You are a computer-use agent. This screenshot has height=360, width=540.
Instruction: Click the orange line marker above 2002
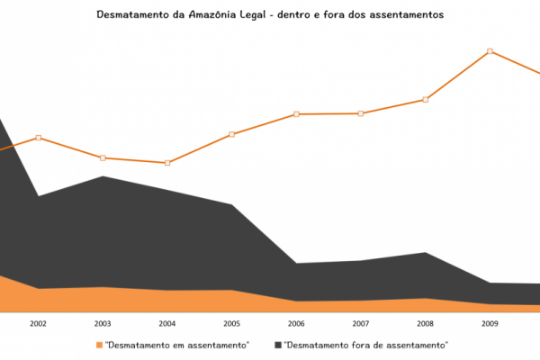click(38, 138)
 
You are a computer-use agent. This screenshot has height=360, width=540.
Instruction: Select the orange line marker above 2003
click(103, 158)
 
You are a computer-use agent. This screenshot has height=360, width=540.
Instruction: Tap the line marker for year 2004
click(166, 163)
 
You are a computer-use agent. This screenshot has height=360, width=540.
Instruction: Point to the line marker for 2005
click(231, 134)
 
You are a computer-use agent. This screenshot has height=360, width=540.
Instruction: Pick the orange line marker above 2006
click(296, 114)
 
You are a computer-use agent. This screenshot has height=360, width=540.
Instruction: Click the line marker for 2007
click(360, 113)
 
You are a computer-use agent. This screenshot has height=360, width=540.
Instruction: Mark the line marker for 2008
click(425, 99)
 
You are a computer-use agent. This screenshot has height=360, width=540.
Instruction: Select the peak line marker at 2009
click(490, 51)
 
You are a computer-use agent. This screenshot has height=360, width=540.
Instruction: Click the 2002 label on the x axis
click(38, 323)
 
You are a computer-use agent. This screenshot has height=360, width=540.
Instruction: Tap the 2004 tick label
click(166, 323)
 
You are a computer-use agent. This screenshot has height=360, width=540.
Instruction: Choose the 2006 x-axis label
click(296, 323)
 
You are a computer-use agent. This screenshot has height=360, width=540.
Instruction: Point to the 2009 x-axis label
click(490, 323)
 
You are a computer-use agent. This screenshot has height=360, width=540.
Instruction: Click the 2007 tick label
click(360, 323)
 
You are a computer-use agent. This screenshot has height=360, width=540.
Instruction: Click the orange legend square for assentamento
click(99, 345)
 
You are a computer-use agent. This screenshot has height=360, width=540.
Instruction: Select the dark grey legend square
click(278, 345)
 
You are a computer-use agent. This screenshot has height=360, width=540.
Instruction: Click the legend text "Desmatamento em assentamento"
click(176, 345)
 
